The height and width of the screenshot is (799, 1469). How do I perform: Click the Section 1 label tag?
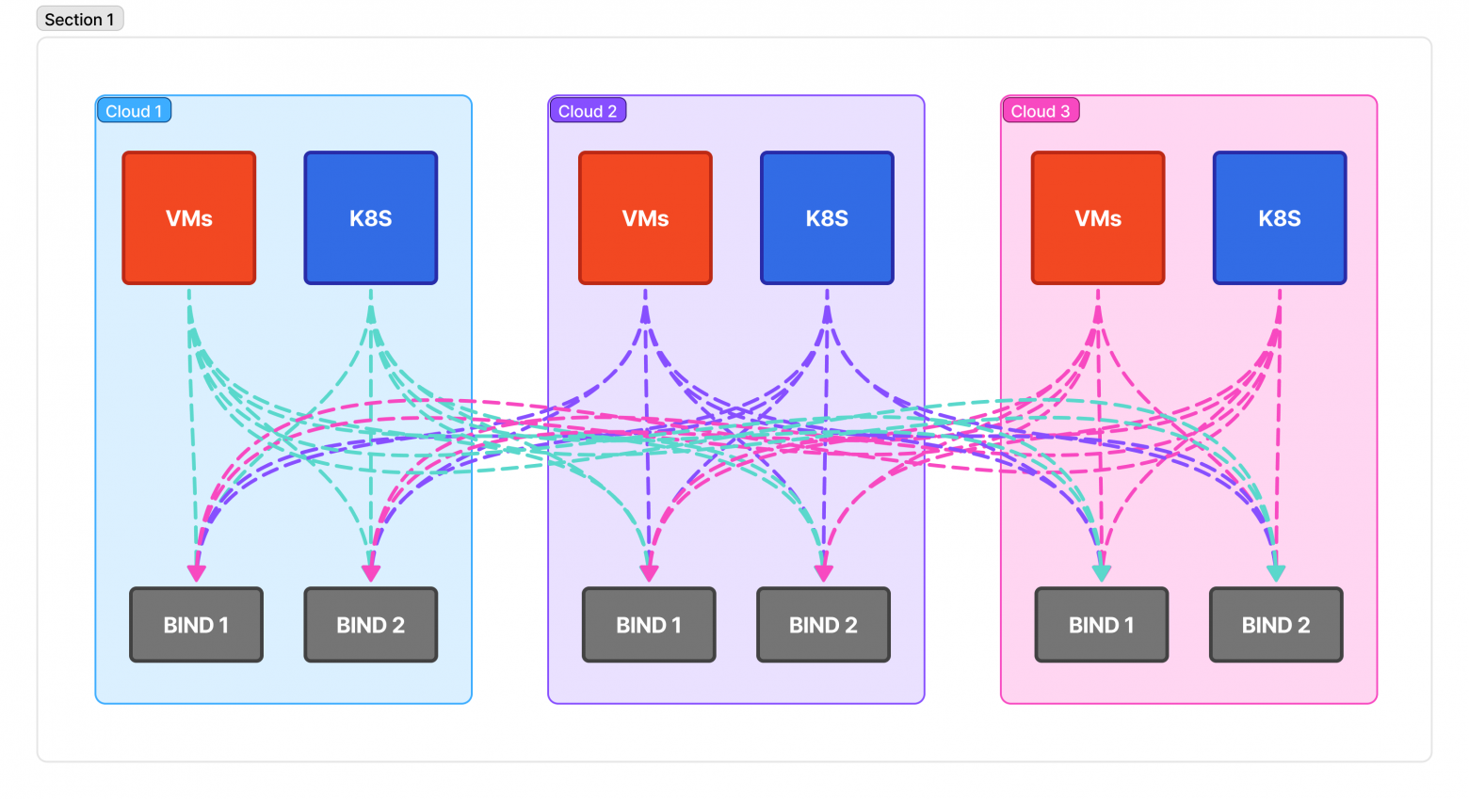[79, 19]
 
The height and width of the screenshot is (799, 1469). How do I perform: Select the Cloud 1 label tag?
[134, 111]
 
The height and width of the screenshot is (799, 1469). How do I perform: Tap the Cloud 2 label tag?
[587, 111]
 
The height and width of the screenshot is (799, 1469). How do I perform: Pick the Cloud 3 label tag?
[1040, 111]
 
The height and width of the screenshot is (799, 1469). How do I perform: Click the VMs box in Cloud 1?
[189, 218]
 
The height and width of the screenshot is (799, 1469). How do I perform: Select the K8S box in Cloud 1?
[371, 218]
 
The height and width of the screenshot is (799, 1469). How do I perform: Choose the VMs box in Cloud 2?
[645, 218]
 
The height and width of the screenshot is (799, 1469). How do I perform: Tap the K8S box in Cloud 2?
[827, 218]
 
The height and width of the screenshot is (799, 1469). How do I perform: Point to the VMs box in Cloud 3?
[1098, 218]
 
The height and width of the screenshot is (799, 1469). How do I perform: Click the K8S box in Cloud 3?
[1280, 218]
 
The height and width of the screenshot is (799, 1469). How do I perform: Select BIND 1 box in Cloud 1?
[196, 625]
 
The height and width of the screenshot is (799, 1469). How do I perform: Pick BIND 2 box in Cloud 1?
[371, 625]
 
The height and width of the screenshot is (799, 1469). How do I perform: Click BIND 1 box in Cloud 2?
[649, 625]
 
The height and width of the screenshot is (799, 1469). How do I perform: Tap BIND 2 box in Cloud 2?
[823, 625]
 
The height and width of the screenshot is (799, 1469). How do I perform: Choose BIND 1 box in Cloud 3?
[1102, 625]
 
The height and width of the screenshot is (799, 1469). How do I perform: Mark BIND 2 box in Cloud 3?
[1276, 625]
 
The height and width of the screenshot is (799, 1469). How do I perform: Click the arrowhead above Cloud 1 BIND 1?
[196, 572]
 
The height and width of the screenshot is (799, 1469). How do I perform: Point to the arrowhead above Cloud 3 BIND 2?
[1276, 572]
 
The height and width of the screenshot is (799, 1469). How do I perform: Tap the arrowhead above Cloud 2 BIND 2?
[824, 572]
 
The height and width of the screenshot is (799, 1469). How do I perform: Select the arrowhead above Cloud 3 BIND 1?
[1102, 572]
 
